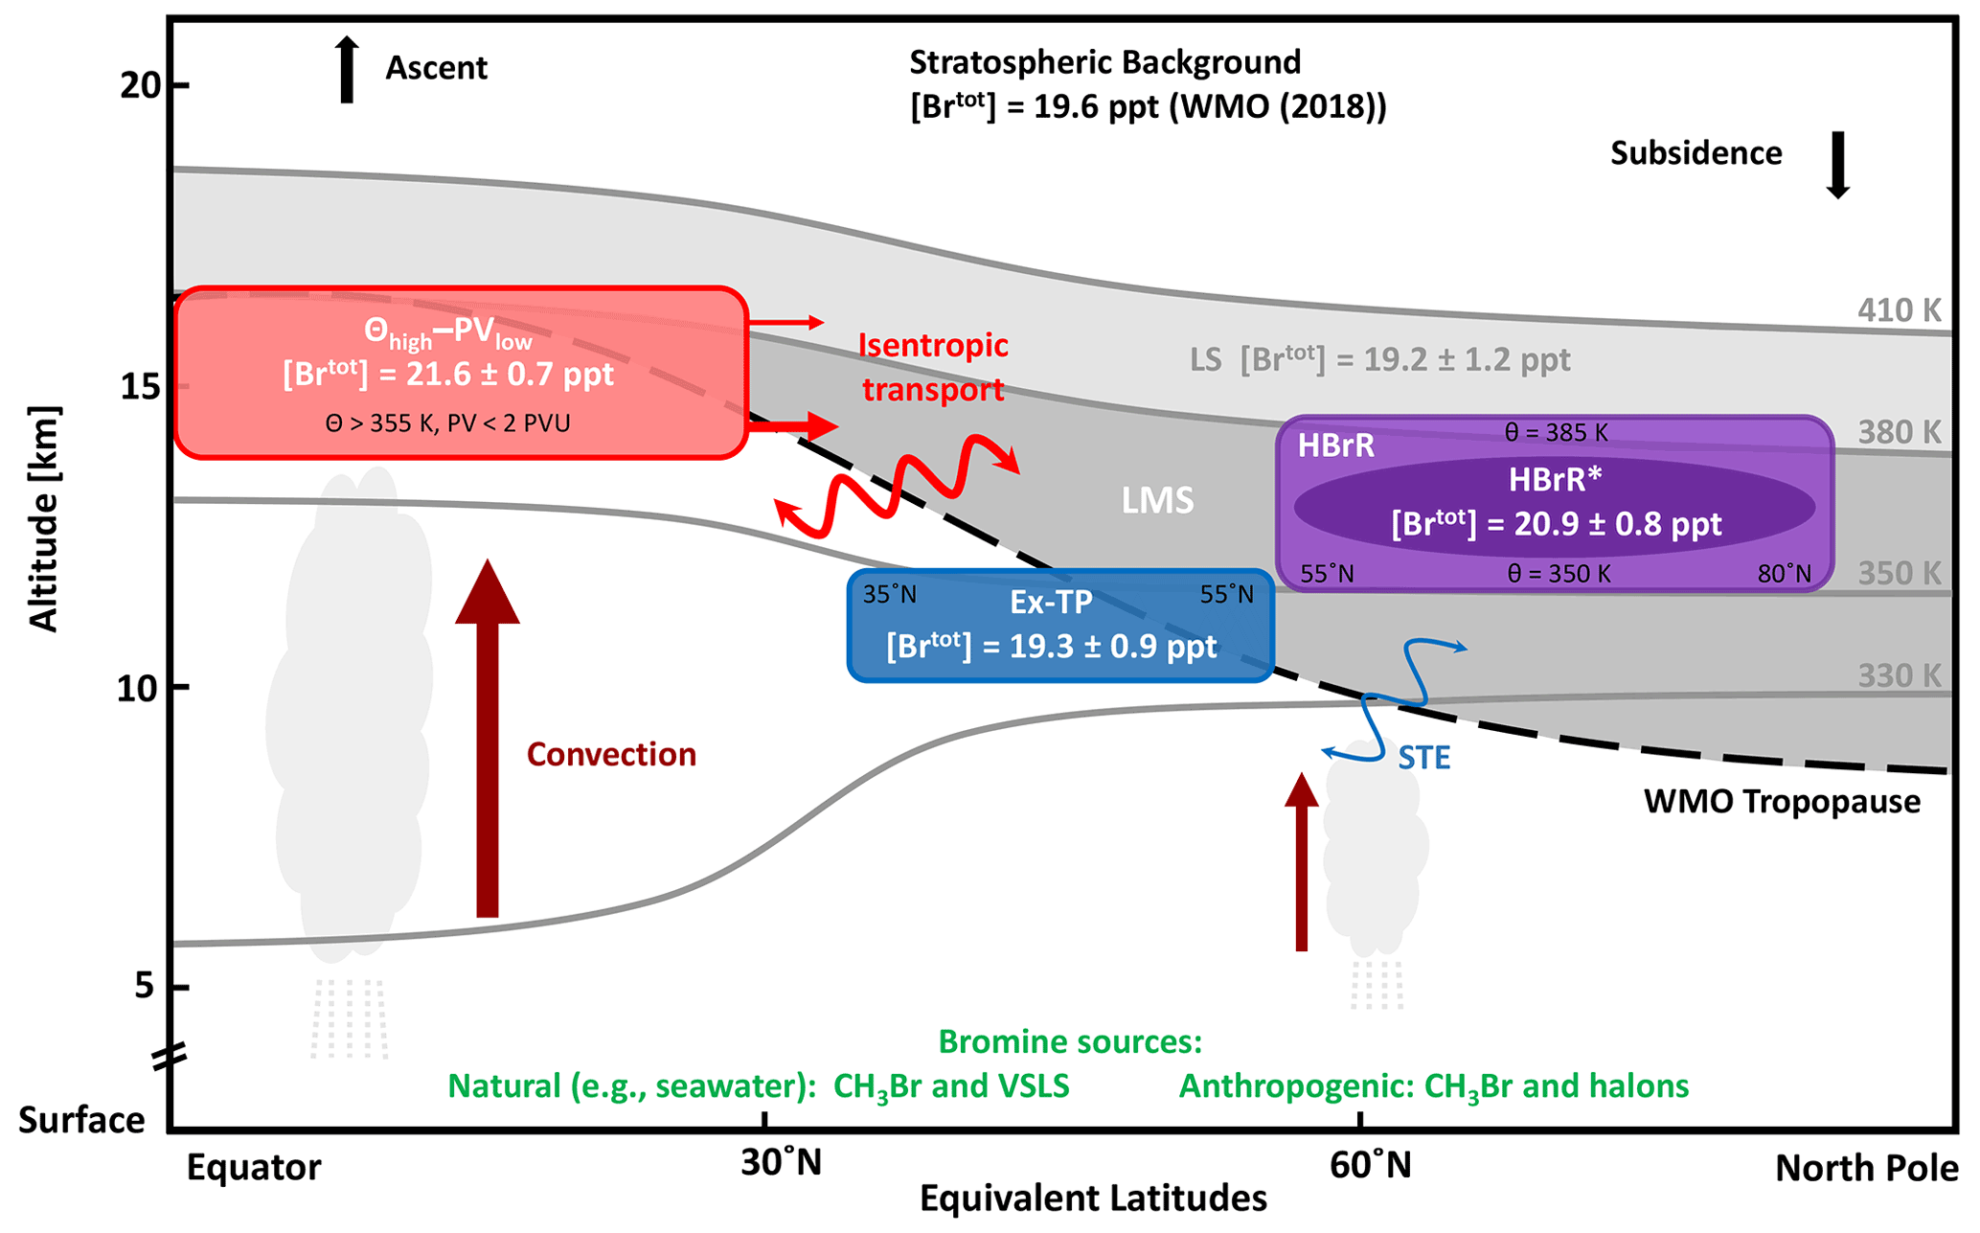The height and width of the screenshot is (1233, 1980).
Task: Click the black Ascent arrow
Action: click(347, 70)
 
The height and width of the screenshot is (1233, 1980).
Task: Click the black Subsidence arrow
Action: click(1837, 165)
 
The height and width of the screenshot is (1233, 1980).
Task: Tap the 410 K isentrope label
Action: click(1899, 310)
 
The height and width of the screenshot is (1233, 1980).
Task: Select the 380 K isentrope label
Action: click(1899, 432)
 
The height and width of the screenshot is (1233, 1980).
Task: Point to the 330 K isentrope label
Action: click(1899, 676)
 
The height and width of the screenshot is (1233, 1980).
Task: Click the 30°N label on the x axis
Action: click(781, 1163)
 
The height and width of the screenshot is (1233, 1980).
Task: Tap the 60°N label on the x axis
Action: click(1370, 1165)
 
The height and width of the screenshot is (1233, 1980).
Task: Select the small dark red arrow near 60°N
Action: click(1301, 862)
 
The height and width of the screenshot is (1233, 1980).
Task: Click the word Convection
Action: click(611, 755)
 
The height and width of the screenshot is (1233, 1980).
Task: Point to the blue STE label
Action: click(1423, 759)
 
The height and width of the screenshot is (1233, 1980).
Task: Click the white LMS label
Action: click(1157, 500)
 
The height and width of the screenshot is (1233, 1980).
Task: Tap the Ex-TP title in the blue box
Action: click(1051, 602)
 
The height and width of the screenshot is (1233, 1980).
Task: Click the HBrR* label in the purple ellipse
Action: click(1555, 480)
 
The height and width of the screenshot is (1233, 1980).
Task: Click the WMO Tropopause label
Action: click(1782, 802)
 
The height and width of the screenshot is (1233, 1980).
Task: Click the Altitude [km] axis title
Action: click(44, 518)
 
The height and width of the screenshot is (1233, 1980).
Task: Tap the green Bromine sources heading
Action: click(1069, 1041)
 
